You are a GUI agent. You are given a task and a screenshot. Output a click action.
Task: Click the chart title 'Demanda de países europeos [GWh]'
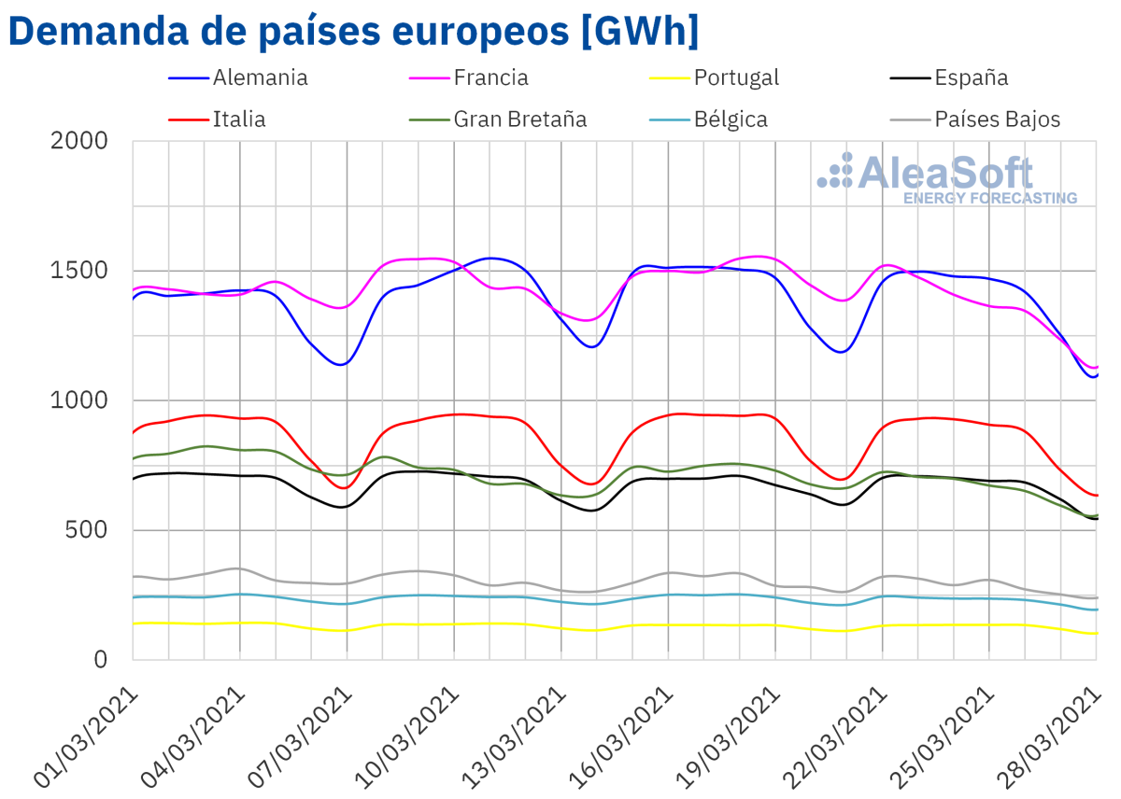pos(352,31)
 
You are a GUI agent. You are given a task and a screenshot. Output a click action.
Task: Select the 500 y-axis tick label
pos(90,531)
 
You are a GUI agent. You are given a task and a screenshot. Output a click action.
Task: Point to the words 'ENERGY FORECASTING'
pos(990,199)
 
